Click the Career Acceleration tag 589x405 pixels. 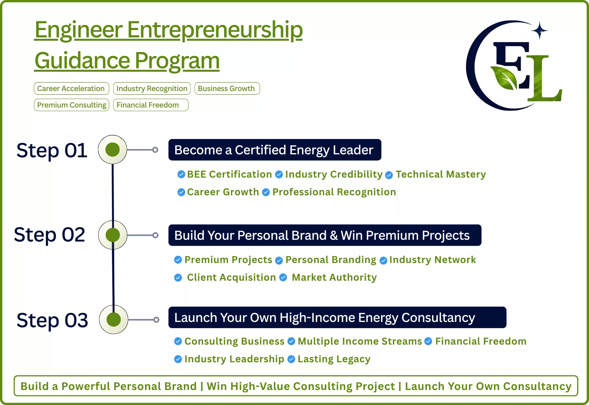(71, 88)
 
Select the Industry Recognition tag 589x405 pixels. (152, 88)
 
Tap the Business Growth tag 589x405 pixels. (227, 88)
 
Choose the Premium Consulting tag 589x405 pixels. (71, 105)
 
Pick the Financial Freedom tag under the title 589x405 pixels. (150, 105)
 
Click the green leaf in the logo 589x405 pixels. (504, 77)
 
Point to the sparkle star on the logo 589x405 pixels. (540, 30)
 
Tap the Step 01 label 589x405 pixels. (52, 150)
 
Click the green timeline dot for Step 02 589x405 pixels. (113, 235)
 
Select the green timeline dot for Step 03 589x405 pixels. (114, 320)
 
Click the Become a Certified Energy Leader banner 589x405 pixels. (275, 150)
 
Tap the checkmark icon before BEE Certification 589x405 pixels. (181, 174)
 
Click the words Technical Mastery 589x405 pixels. (441, 174)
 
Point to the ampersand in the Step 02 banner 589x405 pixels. (334, 235)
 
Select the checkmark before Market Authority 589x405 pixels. (283, 277)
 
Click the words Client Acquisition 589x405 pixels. (231, 277)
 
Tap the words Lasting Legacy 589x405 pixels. (334, 359)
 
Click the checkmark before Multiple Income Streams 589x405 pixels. (291, 341)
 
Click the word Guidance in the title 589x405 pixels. (82, 61)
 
